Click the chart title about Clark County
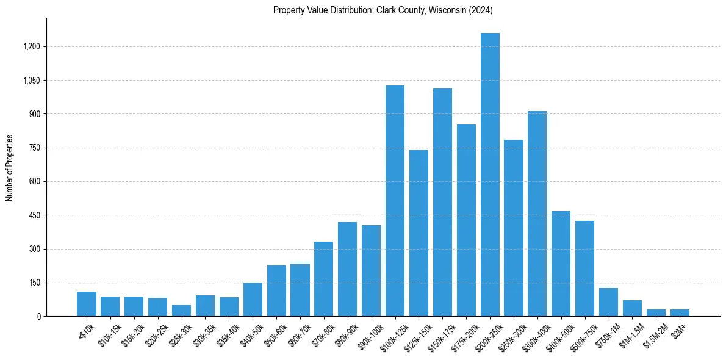click(x=383, y=10)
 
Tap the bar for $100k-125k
click(x=395, y=201)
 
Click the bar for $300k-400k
click(x=537, y=214)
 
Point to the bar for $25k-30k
click(x=181, y=311)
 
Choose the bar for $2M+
click(x=680, y=312)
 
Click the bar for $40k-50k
click(x=253, y=300)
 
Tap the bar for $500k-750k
click(x=584, y=268)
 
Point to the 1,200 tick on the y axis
click(x=32, y=47)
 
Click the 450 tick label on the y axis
click(x=34, y=215)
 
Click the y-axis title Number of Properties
click(x=10, y=168)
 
